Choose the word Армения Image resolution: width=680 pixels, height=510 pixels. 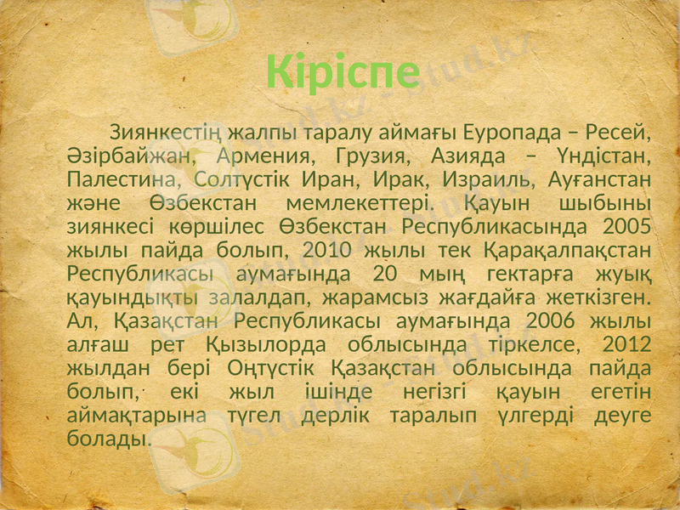264,157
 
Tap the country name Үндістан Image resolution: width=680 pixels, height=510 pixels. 600,157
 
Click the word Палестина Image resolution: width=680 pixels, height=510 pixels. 120,181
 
